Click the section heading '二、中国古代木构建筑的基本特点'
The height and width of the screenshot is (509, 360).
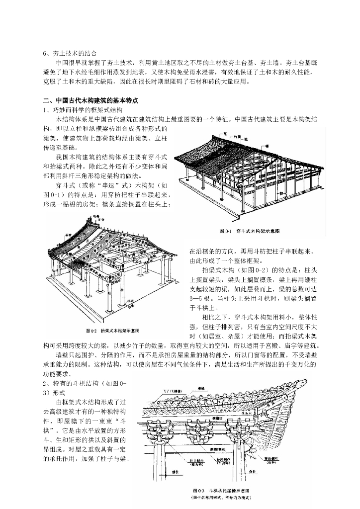[90, 100]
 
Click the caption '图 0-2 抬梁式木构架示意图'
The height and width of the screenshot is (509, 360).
[113, 330]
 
